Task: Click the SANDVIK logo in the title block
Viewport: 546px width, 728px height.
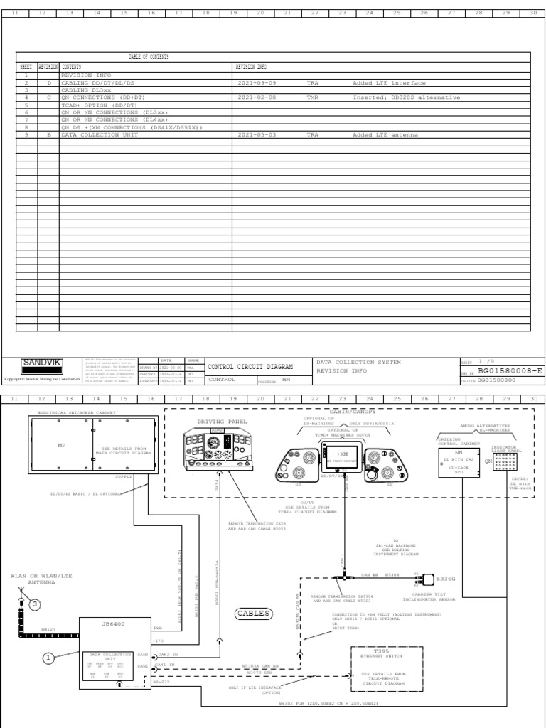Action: pyautogui.click(x=42, y=363)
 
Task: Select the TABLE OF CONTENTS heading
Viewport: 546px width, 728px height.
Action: pyautogui.click(x=149, y=56)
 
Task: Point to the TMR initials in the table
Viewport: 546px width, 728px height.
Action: pyautogui.click(x=313, y=97)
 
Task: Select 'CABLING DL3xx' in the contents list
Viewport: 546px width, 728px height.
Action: pyautogui.click(x=89, y=90)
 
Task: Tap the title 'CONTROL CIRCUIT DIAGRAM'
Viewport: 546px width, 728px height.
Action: pyautogui.click(x=250, y=366)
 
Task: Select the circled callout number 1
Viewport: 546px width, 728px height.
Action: pyautogui.click(x=49, y=658)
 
